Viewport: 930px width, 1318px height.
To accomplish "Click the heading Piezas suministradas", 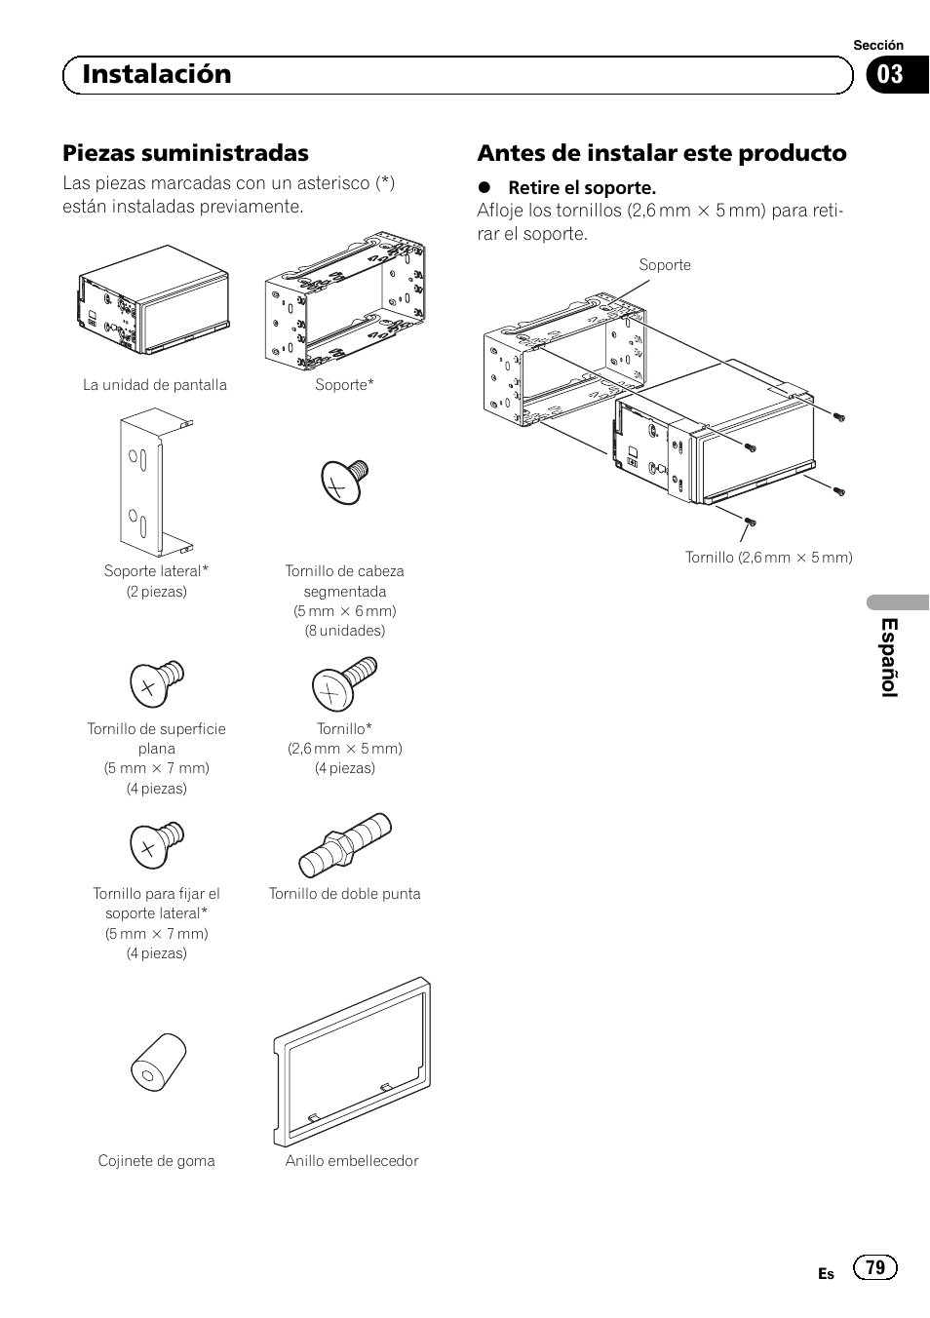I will pyautogui.click(x=185, y=153).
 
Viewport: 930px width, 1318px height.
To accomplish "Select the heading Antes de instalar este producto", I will pyautogui.click(x=661, y=153).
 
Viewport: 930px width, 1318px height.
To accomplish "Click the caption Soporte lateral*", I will pyautogui.click(x=156, y=571).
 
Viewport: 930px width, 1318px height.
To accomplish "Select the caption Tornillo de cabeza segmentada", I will pyautogui.click(x=344, y=581).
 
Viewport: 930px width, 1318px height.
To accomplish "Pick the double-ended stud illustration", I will pyautogui.click(x=345, y=844).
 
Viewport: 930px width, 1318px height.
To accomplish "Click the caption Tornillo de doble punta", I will pyautogui.click(x=344, y=894).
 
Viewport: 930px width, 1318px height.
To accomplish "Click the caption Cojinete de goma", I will pyautogui.click(x=156, y=1161).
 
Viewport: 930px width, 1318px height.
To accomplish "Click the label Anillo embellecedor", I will pyautogui.click(x=352, y=1161).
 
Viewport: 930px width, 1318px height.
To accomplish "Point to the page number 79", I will pyautogui.click(x=874, y=1267).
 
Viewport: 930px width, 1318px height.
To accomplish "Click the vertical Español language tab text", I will pyautogui.click(x=889, y=657).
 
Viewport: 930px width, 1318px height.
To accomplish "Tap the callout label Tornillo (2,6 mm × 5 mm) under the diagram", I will pyautogui.click(x=768, y=558).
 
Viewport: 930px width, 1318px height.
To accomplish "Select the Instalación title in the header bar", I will pyautogui.click(x=157, y=74).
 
